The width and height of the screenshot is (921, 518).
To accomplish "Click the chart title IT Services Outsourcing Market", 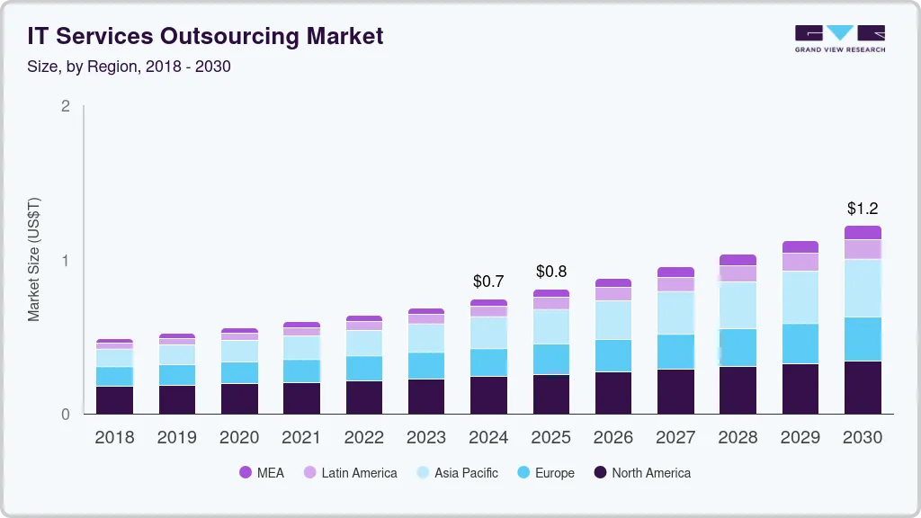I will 205,36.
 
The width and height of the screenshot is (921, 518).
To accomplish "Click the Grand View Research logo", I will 839,38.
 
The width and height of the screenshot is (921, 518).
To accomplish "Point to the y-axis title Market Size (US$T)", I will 34,260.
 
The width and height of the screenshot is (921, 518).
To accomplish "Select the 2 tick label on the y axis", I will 65,106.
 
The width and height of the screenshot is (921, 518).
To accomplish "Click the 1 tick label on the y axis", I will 65,261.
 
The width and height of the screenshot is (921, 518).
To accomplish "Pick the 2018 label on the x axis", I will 114,438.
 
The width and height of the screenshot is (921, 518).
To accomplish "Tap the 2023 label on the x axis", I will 426,438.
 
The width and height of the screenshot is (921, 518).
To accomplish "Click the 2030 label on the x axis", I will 863,438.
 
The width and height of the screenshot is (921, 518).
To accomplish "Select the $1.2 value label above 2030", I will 863,209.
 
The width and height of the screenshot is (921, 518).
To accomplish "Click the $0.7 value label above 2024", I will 488,281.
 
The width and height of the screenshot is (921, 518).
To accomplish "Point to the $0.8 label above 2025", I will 551,272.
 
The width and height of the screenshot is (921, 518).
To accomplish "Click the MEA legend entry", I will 262,473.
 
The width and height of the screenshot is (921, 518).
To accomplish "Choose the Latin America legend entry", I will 350,473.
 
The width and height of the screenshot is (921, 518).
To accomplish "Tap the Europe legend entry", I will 545,473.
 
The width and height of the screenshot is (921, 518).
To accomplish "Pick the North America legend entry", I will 641,473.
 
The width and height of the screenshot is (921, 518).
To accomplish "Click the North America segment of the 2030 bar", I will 863,388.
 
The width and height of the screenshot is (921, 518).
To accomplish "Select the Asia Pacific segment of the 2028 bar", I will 738,305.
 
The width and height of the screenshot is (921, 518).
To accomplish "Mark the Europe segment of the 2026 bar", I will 613,356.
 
